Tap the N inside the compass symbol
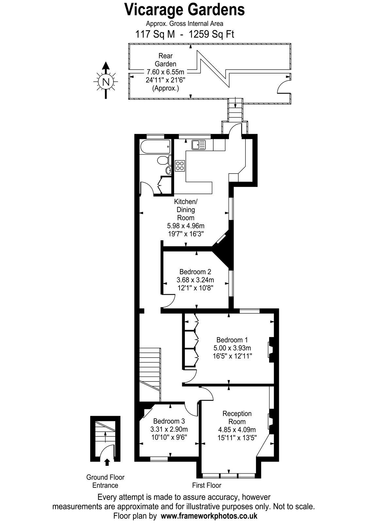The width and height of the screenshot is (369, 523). point(106,82)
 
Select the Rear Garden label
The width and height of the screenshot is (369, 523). point(166,60)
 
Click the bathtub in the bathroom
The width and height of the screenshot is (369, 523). point(155,147)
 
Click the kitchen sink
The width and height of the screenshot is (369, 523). point(199,145)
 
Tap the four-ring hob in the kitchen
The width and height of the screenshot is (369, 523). point(180,166)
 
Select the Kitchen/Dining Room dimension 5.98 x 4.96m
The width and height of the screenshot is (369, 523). point(186,226)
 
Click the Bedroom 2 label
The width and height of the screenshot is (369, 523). point(195,272)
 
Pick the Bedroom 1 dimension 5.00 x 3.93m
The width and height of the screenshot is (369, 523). point(232,348)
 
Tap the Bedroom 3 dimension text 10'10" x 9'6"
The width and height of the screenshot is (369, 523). point(169,437)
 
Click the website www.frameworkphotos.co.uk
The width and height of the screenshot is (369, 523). point(209,515)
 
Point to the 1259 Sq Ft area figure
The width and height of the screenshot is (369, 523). point(211,35)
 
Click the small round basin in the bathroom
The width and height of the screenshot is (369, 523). point(168,170)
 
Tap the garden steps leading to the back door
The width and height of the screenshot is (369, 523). point(235,110)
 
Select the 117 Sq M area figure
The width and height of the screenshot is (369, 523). point(155,35)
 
